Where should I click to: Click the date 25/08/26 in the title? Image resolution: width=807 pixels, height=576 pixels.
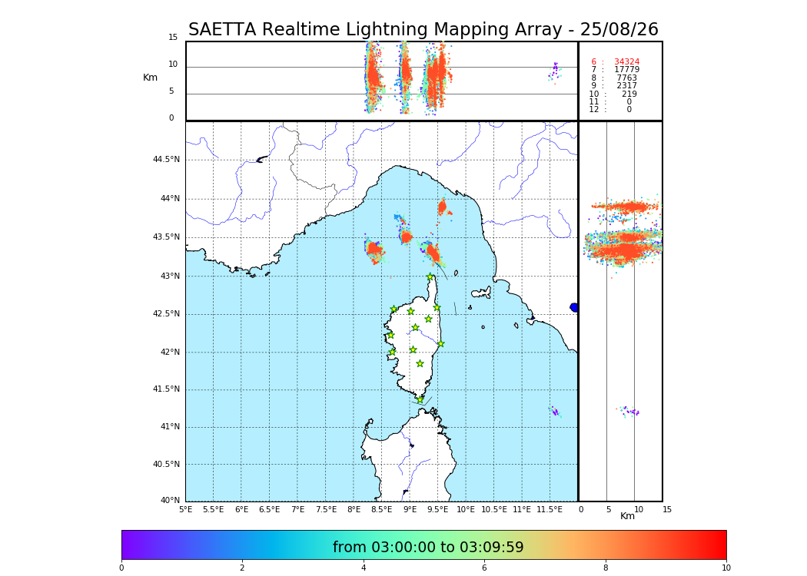tap(619, 30)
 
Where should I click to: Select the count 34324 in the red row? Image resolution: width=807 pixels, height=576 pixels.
tap(626, 62)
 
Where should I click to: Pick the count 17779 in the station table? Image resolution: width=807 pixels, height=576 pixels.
tap(626, 70)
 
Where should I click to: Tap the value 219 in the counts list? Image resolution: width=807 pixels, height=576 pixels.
tap(629, 94)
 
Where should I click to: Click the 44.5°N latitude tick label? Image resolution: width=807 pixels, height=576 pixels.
tap(166, 160)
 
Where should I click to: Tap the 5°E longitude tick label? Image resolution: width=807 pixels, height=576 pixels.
tap(185, 509)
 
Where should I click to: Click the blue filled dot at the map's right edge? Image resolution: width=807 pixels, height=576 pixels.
tap(574, 307)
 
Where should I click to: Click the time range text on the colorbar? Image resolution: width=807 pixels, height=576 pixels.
tap(428, 548)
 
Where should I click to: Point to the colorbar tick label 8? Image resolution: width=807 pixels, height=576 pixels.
tap(606, 568)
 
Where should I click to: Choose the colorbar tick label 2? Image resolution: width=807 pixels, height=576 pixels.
tap(242, 568)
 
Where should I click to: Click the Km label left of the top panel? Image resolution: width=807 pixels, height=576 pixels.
tap(150, 78)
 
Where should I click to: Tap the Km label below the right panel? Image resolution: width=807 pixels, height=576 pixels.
tap(627, 516)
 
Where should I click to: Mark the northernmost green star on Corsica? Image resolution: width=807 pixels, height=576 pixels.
tap(430, 277)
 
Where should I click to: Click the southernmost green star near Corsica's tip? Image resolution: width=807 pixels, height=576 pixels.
tap(420, 399)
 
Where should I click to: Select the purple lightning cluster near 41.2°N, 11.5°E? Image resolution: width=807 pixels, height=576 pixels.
tap(554, 412)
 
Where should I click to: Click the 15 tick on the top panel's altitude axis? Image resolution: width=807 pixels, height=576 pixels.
tap(173, 38)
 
